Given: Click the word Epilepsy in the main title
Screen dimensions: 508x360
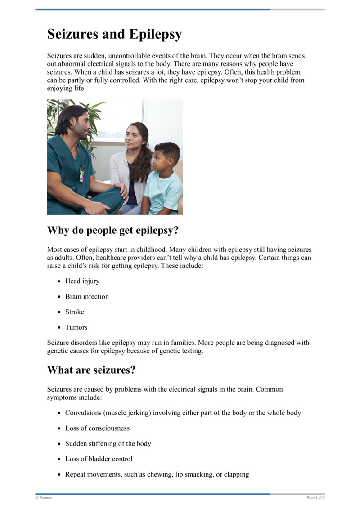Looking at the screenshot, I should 155,34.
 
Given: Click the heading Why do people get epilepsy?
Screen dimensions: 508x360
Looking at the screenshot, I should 113,230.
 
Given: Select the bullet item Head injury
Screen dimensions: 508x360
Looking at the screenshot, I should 82,281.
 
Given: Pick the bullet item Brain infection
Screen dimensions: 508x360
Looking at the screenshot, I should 87,296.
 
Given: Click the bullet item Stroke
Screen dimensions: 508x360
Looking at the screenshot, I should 75,312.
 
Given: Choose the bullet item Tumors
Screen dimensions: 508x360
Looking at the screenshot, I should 76,327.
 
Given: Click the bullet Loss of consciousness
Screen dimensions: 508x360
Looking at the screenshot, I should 97,428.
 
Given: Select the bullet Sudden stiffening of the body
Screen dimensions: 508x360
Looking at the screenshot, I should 108,443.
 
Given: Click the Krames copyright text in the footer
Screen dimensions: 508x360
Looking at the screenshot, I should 44,498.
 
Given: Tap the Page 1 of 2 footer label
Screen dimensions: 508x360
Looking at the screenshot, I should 315,498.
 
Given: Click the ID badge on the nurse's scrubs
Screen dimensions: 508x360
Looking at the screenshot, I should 82,174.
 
